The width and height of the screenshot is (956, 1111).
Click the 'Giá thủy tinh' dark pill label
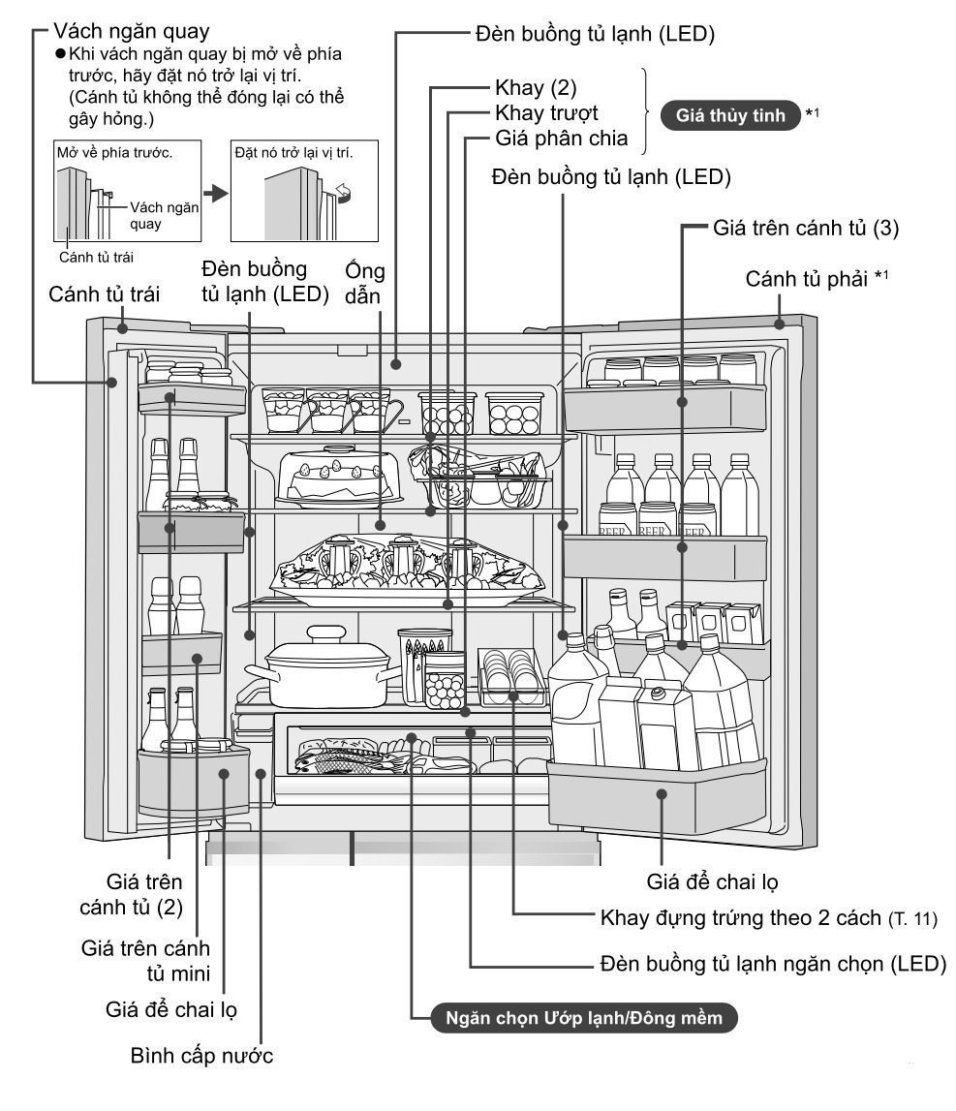730,115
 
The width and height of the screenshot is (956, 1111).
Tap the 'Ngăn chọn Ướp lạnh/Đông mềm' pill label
584,1018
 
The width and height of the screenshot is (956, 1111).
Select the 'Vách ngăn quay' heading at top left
131,31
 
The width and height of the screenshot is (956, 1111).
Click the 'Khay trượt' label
546,112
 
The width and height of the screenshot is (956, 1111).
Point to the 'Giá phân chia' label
561,138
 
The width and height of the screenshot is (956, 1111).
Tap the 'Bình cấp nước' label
201,1056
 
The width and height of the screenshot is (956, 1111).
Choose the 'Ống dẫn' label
364,284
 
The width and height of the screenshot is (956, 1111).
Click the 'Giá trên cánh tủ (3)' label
806,228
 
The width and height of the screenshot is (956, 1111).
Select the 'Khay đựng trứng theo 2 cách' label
741,917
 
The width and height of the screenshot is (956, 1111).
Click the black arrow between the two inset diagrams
216,193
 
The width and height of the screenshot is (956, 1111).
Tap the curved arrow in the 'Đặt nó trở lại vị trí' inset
345,192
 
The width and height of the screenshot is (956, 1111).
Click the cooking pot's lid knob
326,633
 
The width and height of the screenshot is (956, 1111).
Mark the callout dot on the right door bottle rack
662,794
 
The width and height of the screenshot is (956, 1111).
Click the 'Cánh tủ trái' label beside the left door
105,294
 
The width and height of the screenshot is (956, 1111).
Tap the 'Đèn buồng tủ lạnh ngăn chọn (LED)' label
773,964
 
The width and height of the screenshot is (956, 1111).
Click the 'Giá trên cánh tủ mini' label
145,961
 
